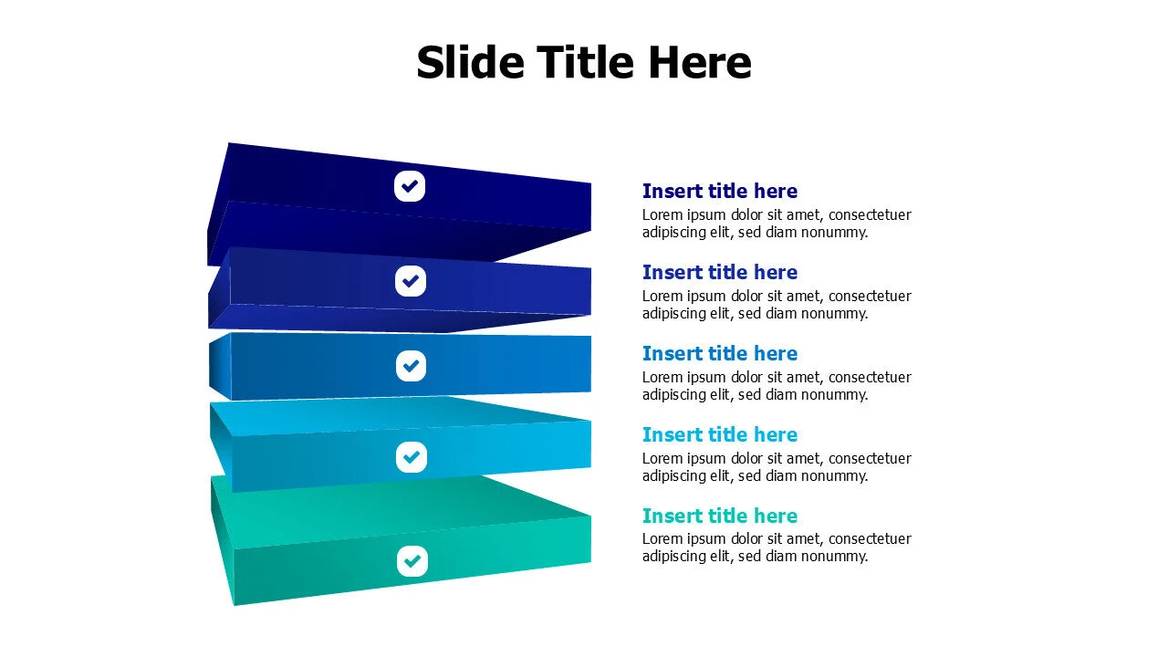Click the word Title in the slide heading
tap(585, 63)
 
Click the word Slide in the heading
tap(470, 63)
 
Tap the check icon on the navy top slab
tap(411, 186)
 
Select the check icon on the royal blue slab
tap(411, 280)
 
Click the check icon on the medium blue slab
tap(411, 366)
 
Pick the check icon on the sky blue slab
tap(412, 456)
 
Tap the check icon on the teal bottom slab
tap(412, 560)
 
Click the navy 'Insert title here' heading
tap(719, 191)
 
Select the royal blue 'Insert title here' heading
tap(719, 272)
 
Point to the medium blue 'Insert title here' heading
tap(719, 353)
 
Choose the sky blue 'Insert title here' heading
tap(719, 434)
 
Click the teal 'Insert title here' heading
tap(719, 516)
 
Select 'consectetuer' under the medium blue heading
tap(870, 377)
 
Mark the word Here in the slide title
tap(700, 63)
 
